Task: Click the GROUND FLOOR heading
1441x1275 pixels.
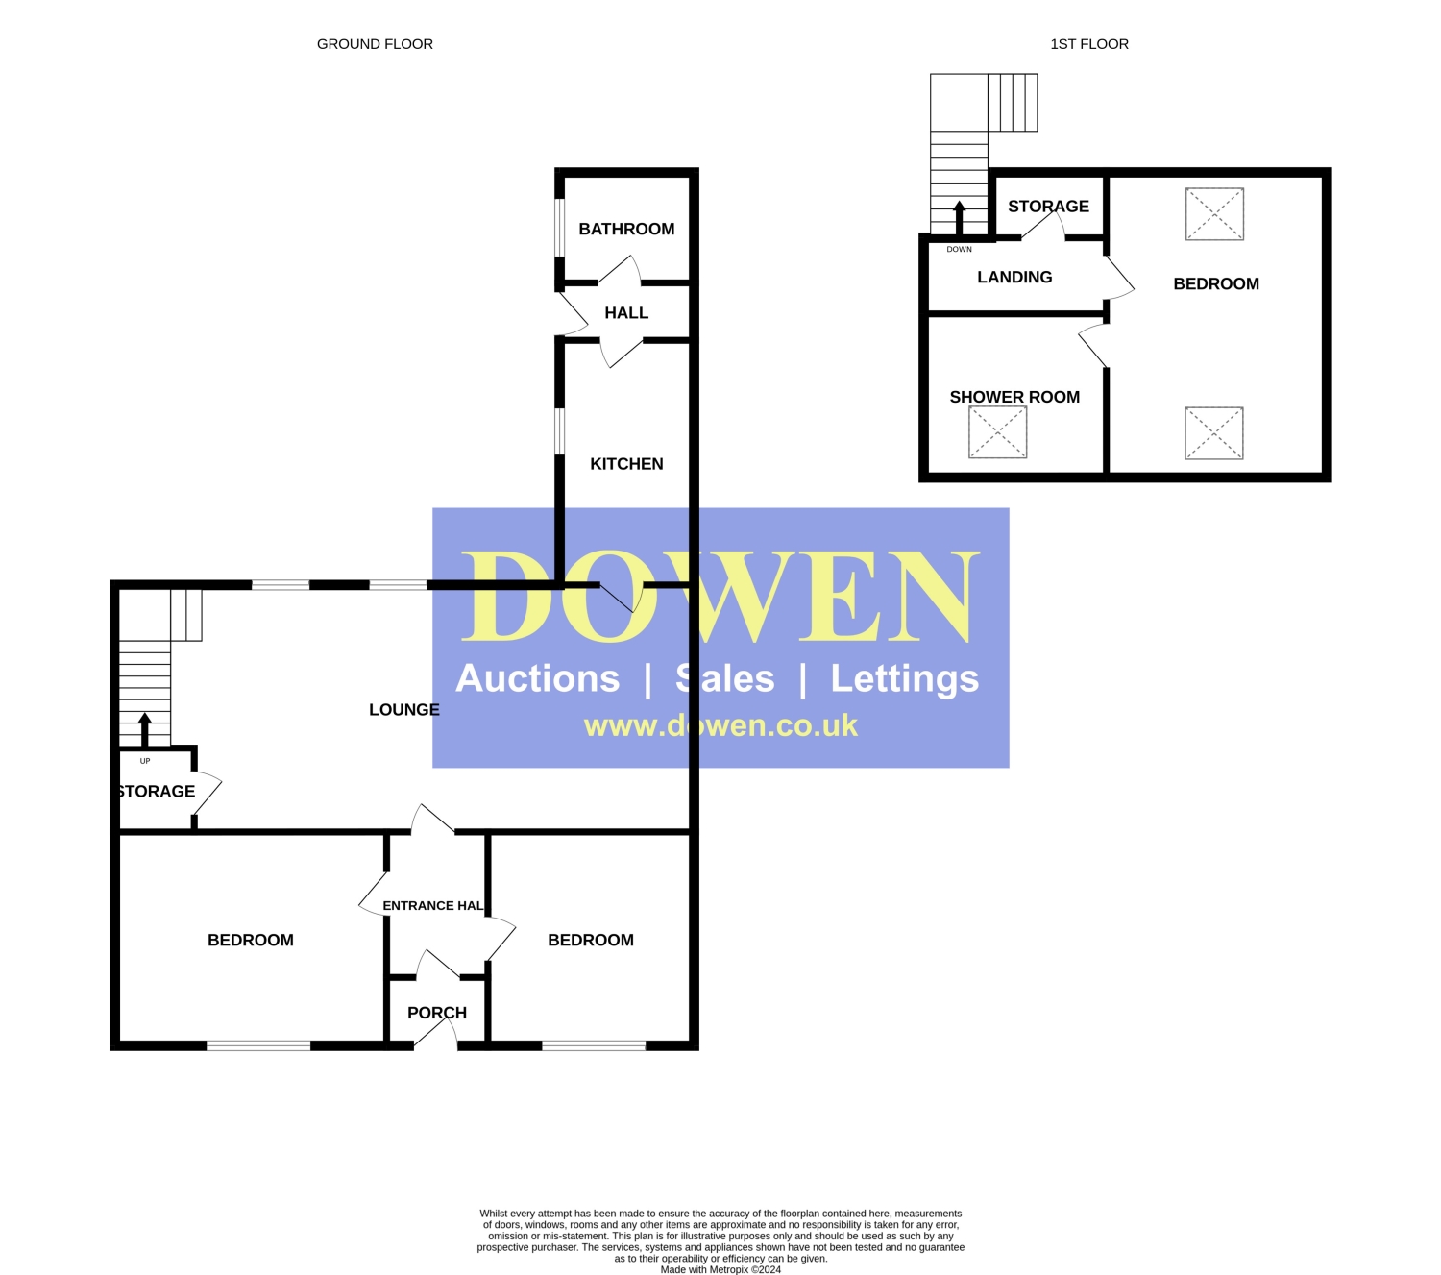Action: [x=375, y=44]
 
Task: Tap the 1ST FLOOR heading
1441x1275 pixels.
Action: [x=1089, y=44]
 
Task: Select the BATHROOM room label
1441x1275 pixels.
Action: [x=626, y=229]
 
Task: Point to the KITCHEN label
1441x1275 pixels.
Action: [x=626, y=464]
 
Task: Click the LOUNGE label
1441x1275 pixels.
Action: [x=404, y=709]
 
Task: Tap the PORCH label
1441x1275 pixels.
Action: [x=437, y=1013]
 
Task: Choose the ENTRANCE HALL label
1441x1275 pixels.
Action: [x=433, y=906]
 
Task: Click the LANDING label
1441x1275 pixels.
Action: [x=1014, y=277]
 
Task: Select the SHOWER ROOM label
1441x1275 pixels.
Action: [x=1014, y=397]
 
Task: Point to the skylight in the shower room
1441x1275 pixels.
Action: [x=997, y=432]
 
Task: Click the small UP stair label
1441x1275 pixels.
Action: [x=145, y=761]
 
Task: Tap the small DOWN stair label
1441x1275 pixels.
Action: [x=959, y=249]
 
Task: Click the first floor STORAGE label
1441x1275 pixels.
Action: [x=1048, y=207]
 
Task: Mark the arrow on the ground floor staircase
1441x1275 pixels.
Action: [x=144, y=729]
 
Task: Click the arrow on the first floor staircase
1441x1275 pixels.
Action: [x=959, y=218]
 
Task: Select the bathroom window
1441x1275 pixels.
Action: [x=560, y=227]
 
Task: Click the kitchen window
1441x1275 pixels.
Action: [x=560, y=431]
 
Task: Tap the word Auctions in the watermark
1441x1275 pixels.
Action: [x=538, y=678]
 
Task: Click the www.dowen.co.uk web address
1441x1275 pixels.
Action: [x=720, y=725]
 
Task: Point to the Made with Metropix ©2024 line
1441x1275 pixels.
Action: [x=720, y=1269]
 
